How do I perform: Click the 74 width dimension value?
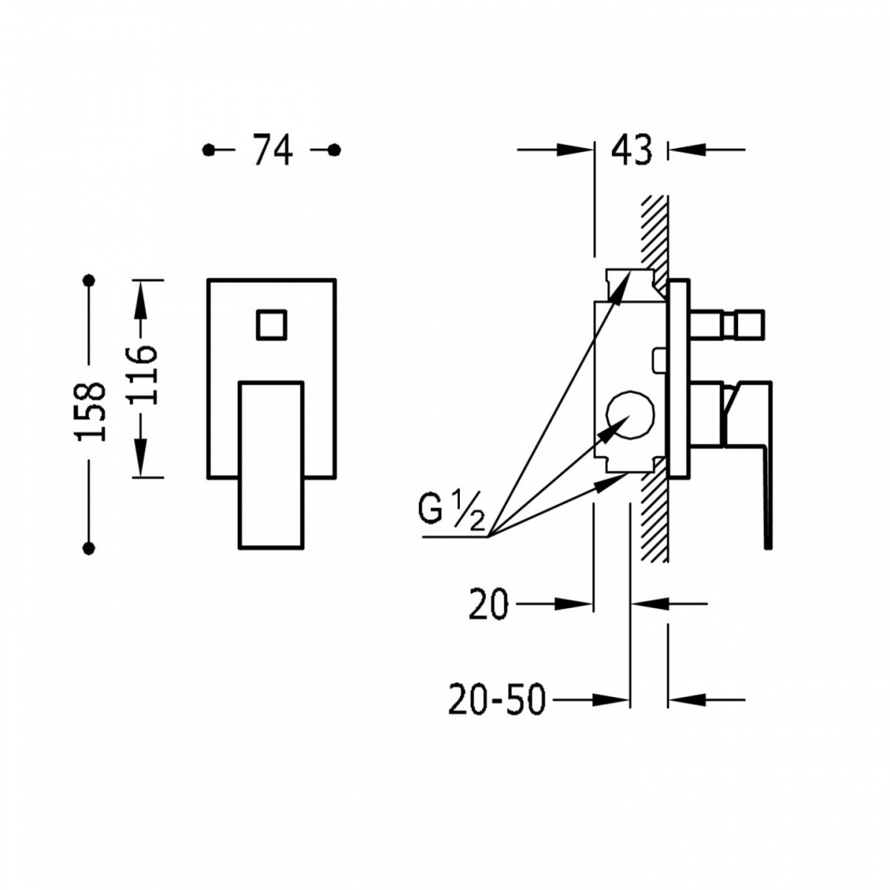coord(272,150)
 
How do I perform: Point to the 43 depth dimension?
coord(631,150)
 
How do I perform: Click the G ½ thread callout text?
coord(451,513)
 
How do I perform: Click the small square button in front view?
coord(271,325)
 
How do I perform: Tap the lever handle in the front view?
coord(271,465)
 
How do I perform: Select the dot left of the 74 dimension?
coord(208,150)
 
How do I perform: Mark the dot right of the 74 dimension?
coord(334,150)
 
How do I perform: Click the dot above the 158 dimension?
coord(88,280)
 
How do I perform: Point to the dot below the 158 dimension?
coord(88,548)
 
